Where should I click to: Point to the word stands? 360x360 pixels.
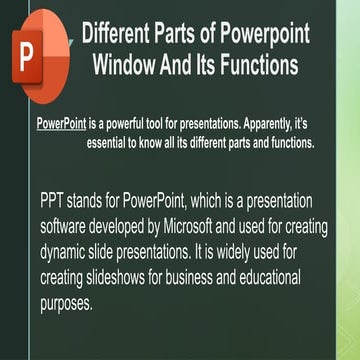98,200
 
